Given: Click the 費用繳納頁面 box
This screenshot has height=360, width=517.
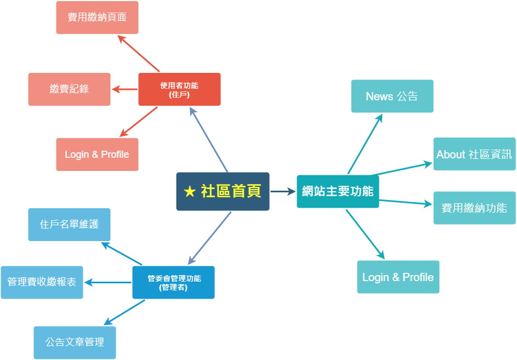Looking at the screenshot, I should pos(97,18).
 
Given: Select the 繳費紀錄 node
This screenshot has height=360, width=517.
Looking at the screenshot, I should pos(69,89).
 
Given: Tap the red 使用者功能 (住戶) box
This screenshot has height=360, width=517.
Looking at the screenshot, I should pos(179,89).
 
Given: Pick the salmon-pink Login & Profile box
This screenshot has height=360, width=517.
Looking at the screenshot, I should pos(97,155).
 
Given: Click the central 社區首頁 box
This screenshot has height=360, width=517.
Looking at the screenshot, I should pos(223,191).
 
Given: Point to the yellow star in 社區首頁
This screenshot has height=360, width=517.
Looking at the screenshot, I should pos(190,191).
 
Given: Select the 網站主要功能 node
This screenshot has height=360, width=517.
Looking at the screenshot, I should pos(338,191).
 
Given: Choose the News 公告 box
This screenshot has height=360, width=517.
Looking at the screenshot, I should pos(392,96).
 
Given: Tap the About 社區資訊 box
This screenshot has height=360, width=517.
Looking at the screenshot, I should pos(474,154).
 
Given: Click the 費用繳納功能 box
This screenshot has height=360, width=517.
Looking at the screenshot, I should pos(474,208).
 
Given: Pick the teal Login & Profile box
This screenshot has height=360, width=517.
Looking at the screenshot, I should pos(398,277).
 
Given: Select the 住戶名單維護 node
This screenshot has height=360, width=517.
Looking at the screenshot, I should pos(69,225).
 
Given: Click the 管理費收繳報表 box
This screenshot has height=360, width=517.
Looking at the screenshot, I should pos(42,282).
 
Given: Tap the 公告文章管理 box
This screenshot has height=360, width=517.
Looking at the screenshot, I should pos(75,342).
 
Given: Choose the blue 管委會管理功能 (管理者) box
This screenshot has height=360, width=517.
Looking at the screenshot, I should pos(173,282).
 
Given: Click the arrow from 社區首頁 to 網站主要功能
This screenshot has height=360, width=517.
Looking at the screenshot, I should pos(283,191).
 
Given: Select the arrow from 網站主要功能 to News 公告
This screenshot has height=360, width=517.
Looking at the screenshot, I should pos(365,144).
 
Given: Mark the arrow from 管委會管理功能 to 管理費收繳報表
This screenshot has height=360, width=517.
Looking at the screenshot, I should pos(108,282).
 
